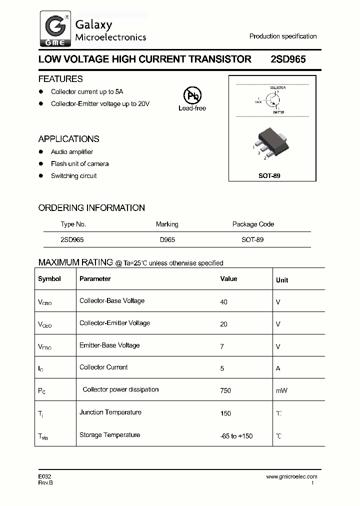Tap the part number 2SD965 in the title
pos(288,59)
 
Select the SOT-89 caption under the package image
pos(272,176)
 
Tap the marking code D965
pos(167,239)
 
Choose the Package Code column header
pos(253,224)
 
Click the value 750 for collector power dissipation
pos(225,390)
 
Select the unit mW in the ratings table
pos(281,390)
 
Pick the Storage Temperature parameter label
pos(109,435)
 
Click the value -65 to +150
pos(236,436)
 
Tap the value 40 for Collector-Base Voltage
pos(223,302)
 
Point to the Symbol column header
pos(49,279)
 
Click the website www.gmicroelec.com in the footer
pos(291,476)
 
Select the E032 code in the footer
pos(44,476)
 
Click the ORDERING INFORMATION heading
pos(91,208)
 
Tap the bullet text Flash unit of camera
pos(79,164)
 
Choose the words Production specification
pos(283,36)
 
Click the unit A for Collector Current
pos(278,368)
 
